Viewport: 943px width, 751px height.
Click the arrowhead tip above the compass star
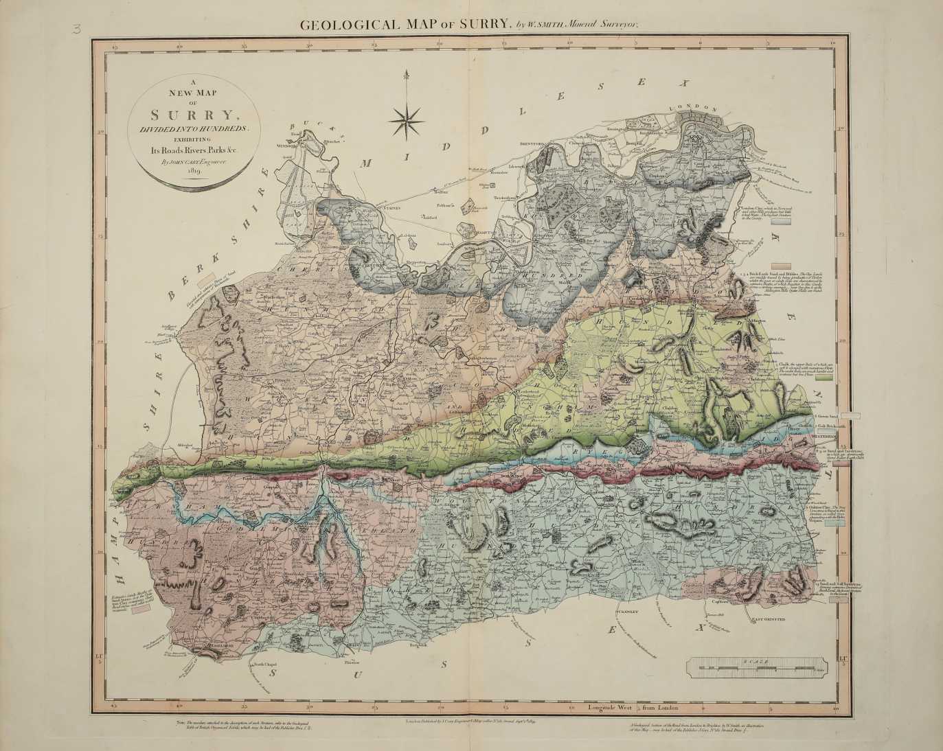(x=406, y=71)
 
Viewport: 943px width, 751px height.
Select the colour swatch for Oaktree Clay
(x=834, y=522)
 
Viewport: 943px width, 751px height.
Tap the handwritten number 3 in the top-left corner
(x=74, y=28)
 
